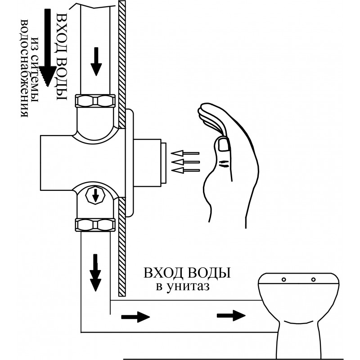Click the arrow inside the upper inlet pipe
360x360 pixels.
pos(96,62)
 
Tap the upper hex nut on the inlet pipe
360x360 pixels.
pos(95,100)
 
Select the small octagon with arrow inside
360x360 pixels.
pos(95,195)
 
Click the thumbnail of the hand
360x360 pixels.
pos(223,144)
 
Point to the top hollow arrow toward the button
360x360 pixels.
pos(185,153)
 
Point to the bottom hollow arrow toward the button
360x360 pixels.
pos(185,171)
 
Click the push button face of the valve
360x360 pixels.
pos(164,163)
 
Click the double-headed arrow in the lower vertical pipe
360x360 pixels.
pos(95,273)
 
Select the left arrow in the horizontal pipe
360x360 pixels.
pos(135,317)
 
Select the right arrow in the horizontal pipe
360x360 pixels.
pos(231,315)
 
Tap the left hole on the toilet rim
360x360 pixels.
pos(284,279)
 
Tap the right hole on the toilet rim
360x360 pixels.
pos(313,279)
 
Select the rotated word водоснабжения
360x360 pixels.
pos(25,68)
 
